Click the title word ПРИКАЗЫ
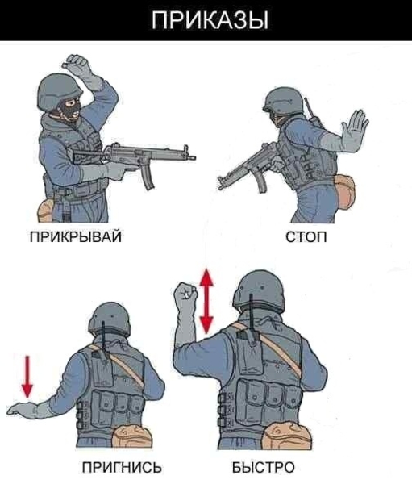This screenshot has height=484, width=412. (210, 20)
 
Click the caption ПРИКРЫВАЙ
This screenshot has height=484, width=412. (76, 237)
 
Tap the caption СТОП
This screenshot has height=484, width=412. (306, 237)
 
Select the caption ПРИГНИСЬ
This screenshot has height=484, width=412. (122, 467)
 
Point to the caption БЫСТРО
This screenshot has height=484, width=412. (264, 467)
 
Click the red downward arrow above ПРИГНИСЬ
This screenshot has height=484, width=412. (27, 377)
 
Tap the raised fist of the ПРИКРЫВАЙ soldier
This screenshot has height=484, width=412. (76, 62)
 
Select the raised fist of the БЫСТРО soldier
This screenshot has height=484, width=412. (185, 293)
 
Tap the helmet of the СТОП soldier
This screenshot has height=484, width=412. (284, 100)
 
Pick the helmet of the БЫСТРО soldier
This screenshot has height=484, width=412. (259, 290)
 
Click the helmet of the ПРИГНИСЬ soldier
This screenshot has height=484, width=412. (110, 319)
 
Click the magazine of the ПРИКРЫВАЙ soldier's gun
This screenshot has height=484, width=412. (148, 177)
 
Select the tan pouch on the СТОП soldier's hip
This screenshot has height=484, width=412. (343, 190)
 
